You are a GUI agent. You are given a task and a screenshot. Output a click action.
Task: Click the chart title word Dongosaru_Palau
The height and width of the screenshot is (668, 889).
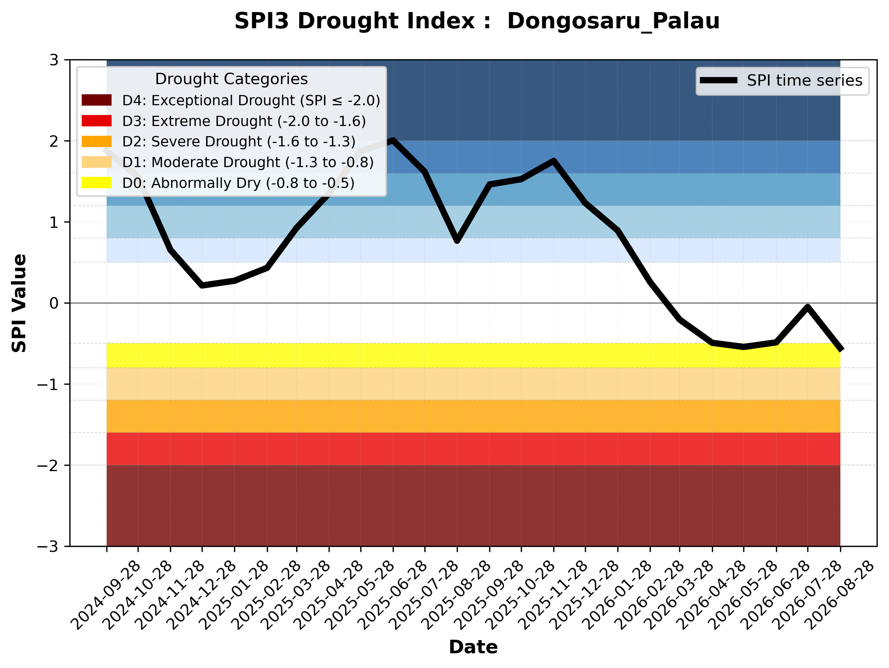tap(613, 21)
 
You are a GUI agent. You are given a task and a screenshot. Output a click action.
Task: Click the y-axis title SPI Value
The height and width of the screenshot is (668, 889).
tap(19, 303)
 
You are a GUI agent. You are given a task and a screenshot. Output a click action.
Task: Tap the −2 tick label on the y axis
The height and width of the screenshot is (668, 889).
tap(48, 465)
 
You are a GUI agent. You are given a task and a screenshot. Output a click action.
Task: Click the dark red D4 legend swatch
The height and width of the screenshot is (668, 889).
tap(96, 100)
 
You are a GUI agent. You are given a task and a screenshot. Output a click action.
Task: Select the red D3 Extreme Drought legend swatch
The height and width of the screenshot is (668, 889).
tap(96, 121)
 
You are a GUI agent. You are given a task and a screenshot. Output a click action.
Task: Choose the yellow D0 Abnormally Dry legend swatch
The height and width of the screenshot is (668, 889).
tap(96, 183)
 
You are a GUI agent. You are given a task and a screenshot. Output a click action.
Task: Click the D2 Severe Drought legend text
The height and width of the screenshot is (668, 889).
tap(239, 141)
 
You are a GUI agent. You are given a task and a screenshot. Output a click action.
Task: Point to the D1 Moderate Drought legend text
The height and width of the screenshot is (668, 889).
tap(248, 162)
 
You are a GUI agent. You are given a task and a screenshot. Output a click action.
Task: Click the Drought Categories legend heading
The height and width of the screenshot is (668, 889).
tap(231, 79)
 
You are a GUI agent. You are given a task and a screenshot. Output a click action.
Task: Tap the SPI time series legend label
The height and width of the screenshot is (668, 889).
tap(805, 80)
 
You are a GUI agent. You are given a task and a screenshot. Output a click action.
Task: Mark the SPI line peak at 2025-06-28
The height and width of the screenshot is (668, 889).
tap(393, 140)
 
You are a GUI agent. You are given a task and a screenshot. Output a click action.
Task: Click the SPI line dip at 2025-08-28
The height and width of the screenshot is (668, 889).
tap(457, 241)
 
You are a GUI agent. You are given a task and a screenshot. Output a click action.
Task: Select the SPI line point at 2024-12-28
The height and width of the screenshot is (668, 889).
tap(202, 285)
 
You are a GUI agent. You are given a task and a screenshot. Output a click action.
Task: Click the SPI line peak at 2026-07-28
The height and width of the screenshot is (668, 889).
tap(808, 307)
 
